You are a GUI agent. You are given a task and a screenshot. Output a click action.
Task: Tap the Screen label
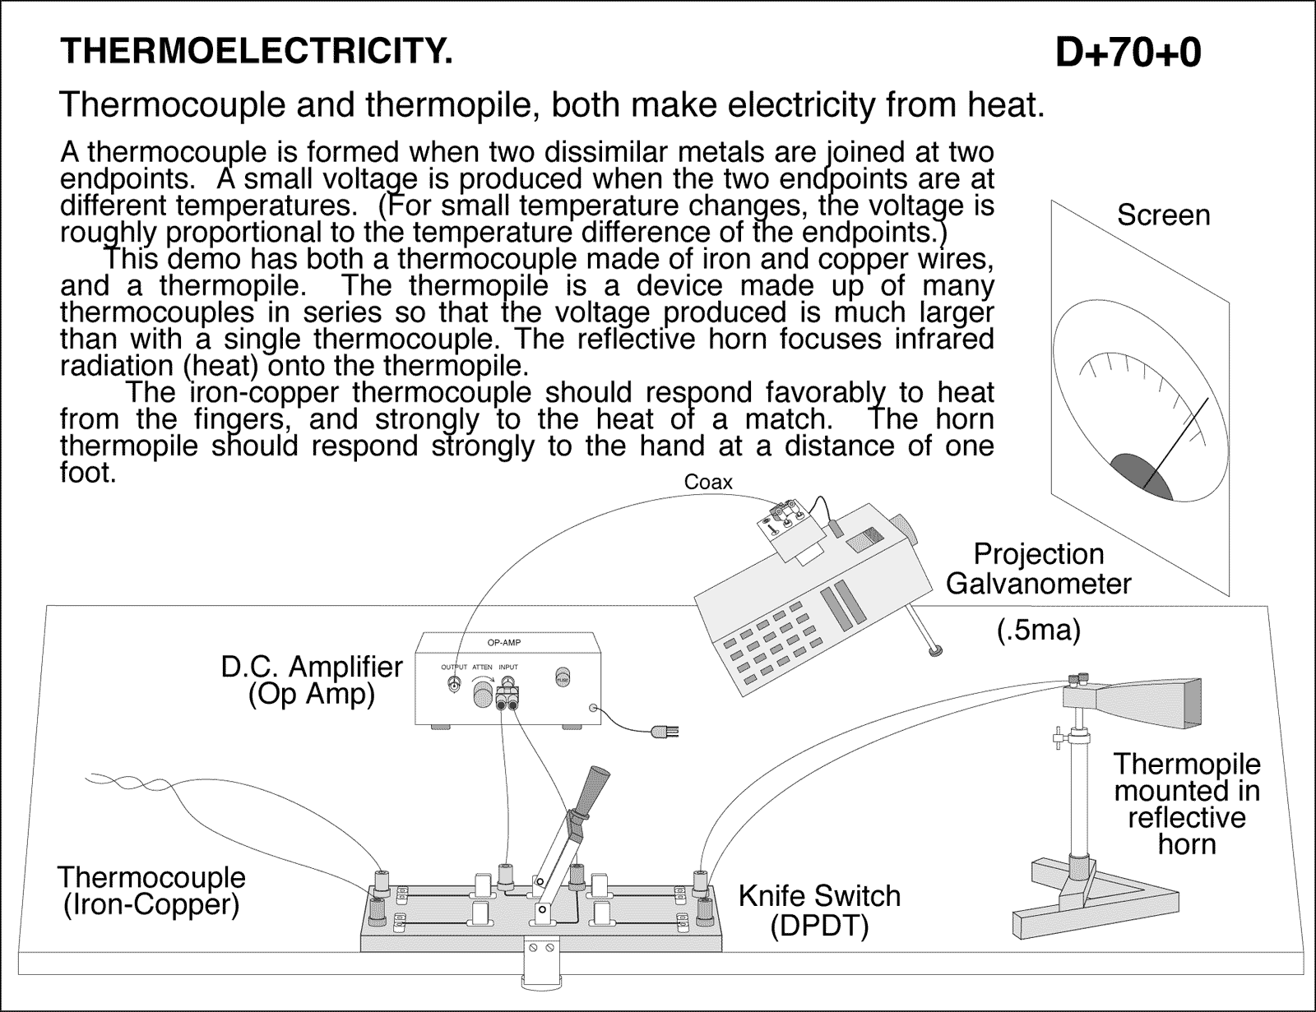pos(1163,215)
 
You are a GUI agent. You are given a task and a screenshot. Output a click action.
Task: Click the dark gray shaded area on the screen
pos(1140,477)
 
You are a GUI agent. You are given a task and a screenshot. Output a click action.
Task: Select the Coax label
pos(707,483)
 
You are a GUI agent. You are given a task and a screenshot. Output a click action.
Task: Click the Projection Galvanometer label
pos(1038,569)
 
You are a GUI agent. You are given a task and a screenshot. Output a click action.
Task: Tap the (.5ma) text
pos(1038,631)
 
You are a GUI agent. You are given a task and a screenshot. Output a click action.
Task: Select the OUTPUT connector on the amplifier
pos(453,685)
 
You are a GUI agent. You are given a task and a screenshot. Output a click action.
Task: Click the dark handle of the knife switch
pos(595,788)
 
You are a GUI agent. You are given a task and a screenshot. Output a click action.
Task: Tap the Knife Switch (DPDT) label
pos(819,910)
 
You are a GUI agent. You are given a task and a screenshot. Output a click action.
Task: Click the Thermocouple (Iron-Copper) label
pos(152,890)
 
